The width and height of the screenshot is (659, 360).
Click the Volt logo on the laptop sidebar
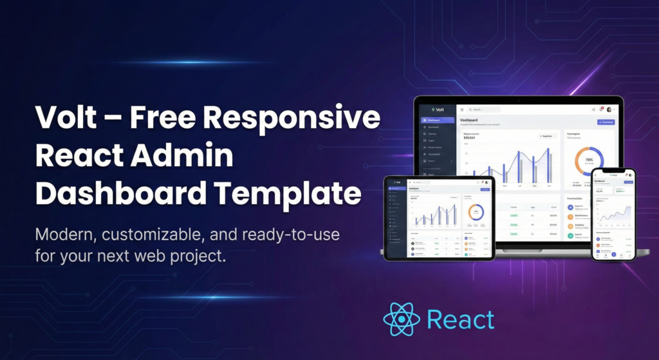click(437, 109)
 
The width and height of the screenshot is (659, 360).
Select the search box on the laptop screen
click(486, 109)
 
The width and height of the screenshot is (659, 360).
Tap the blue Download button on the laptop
click(606, 122)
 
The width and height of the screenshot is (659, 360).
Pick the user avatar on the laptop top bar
click(609, 109)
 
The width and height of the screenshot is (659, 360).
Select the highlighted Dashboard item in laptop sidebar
click(437, 120)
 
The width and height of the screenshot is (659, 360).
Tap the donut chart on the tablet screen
click(476, 211)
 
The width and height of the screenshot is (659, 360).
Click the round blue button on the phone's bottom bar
click(613, 255)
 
